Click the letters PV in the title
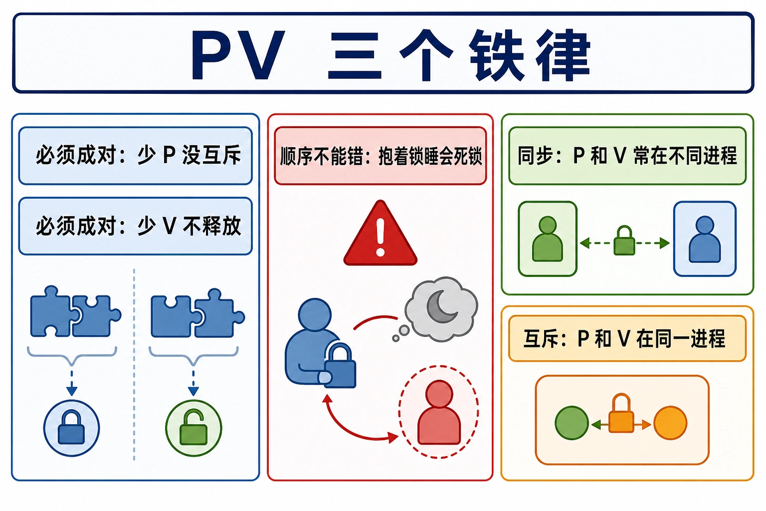(238, 55)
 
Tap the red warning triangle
(381, 234)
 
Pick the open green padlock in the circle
(193, 427)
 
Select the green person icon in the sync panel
(547, 239)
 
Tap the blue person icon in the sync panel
(705, 239)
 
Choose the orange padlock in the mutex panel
(621, 413)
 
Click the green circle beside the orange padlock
(572, 423)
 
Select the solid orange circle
(670, 423)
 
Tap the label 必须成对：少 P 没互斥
(139, 155)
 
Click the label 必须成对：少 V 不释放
(139, 226)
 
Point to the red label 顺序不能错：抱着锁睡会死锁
(381, 156)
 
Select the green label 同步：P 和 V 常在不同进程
(627, 156)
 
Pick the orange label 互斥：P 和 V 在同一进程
(624, 338)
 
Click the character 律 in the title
(563, 55)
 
